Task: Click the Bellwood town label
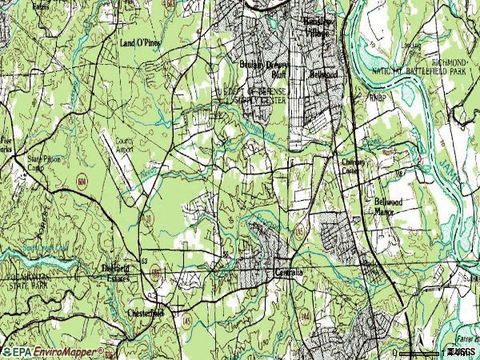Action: coord(324,74)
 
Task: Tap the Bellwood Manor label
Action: coord(391,207)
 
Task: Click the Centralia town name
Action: coord(290,273)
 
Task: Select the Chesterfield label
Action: coord(146,313)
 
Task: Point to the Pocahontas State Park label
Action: coord(25,282)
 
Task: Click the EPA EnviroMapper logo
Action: coord(53,351)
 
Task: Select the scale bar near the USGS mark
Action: coord(420,352)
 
